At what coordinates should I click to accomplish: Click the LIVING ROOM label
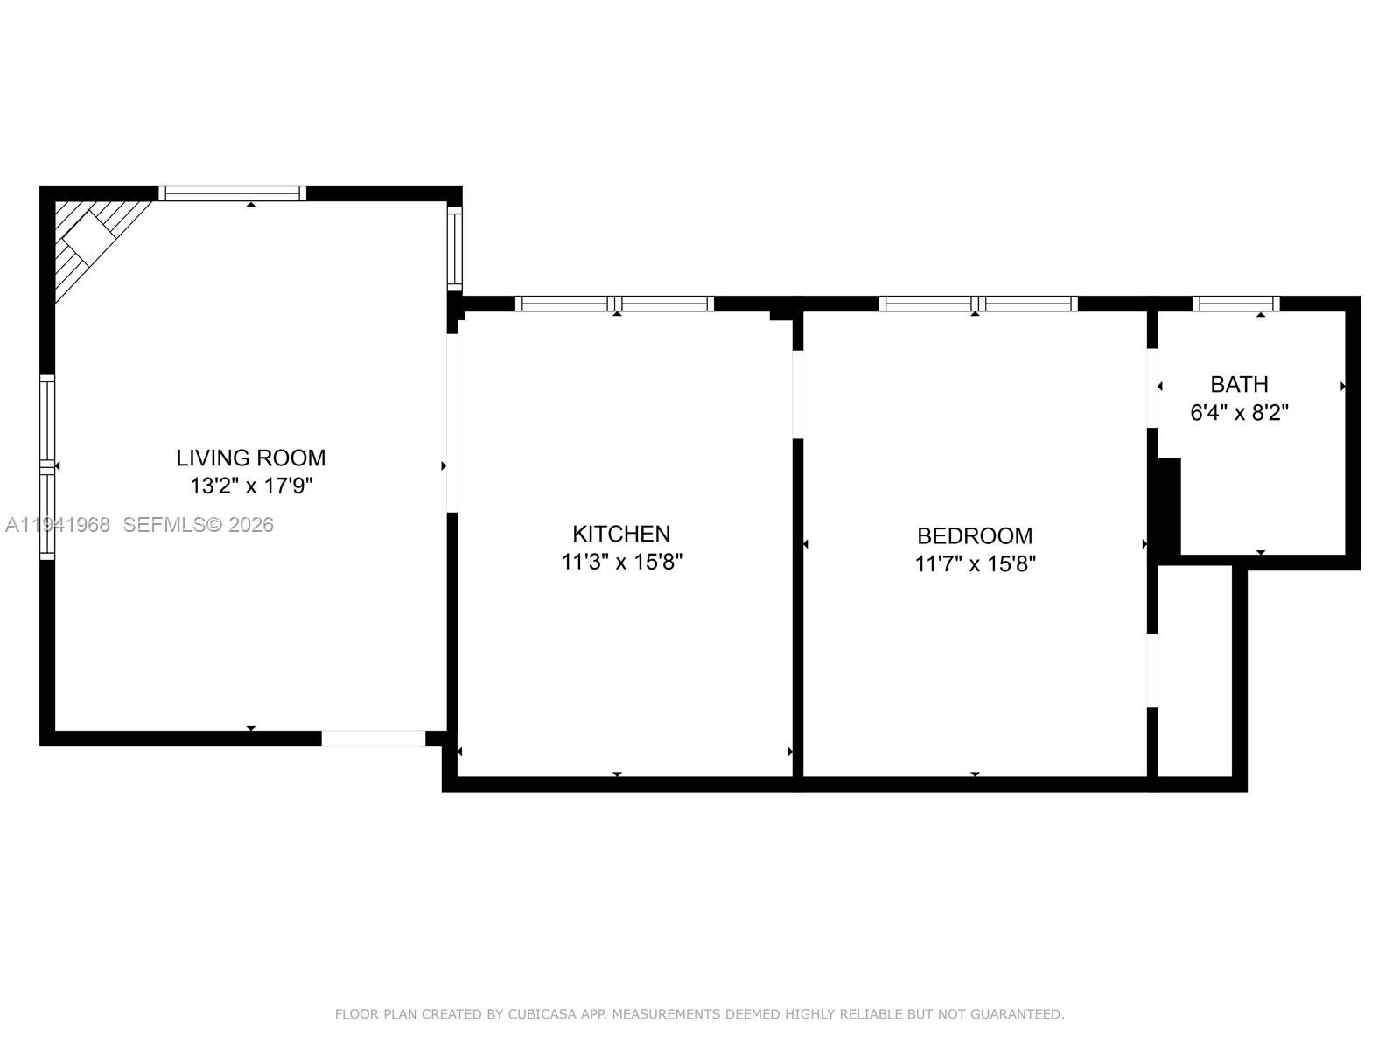251,458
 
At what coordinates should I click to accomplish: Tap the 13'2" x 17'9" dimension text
251,486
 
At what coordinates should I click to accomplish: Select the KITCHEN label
621,534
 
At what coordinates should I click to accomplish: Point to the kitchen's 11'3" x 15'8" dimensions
621,562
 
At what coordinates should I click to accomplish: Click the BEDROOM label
975,535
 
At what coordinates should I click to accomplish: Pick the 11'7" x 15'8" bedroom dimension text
975,564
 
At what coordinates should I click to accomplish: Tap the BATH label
1239,384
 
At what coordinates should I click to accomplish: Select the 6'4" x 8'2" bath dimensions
1239,413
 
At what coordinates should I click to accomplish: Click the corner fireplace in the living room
90,236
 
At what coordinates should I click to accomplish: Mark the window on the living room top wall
232,193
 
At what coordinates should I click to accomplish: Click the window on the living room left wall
47,467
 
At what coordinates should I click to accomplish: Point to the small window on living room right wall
454,249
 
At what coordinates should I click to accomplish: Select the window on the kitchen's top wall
614,304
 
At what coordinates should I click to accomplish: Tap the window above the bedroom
978,304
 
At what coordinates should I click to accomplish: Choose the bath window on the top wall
1235,304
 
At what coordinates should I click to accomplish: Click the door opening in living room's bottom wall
374,738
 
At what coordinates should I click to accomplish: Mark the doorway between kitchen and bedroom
798,394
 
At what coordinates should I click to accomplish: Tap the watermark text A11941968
58,525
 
